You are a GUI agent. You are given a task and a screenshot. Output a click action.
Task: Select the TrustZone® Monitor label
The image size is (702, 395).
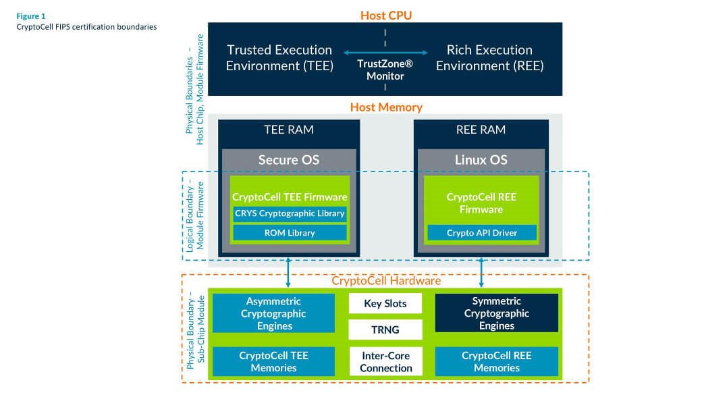click(x=385, y=70)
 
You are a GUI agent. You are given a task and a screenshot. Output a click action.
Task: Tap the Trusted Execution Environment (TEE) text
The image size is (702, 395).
click(x=279, y=57)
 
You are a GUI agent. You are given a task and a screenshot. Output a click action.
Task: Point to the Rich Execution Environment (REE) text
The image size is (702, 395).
click(x=489, y=57)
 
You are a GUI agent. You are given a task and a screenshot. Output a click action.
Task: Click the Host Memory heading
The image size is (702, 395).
click(x=385, y=107)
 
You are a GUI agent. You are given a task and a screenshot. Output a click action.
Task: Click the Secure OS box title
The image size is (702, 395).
click(x=289, y=160)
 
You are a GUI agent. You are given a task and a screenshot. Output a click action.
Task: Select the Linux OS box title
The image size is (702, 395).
click(x=482, y=160)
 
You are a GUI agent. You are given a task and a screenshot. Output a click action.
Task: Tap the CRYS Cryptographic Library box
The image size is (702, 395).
click(x=290, y=213)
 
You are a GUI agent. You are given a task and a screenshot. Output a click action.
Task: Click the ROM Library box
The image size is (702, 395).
click(x=290, y=233)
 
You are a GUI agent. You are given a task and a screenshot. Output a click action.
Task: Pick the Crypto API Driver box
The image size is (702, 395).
click(x=482, y=233)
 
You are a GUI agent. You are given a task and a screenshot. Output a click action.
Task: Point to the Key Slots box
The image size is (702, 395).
click(x=385, y=303)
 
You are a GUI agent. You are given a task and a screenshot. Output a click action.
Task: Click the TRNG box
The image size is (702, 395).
click(x=385, y=330)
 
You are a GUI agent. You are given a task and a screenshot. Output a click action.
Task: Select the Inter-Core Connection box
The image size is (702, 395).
click(x=385, y=361)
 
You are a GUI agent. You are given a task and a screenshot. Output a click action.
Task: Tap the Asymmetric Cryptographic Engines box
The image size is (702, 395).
click(x=274, y=313)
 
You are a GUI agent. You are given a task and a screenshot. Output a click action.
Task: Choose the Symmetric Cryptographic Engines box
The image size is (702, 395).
click(x=497, y=313)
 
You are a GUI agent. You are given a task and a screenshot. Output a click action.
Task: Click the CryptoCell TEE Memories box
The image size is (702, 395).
click(x=274, y=361)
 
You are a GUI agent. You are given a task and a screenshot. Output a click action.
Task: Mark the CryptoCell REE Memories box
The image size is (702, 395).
click(x=497, y=361)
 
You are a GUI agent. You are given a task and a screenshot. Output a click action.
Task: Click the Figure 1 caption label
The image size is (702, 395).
click(x=32, y=15)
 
